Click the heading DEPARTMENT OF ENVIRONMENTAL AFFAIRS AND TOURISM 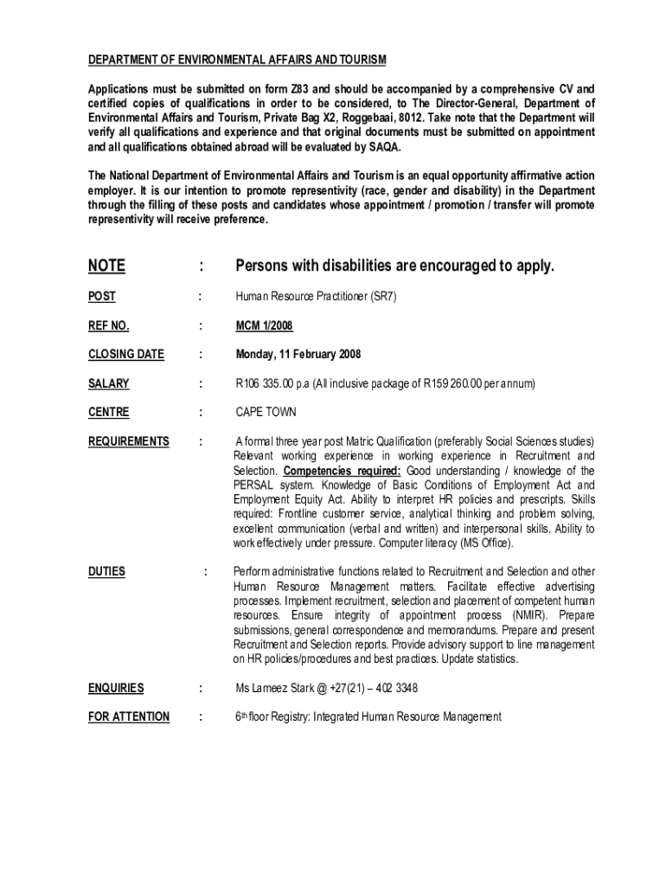(x=237, y=60)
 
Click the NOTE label (x=106, y=266)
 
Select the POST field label (x=101, y=297)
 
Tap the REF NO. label (x=108, y=325)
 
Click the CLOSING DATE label (x=126, y=354)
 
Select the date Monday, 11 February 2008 (x=298, y=354)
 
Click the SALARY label (x=108, y=383)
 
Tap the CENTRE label (x=108, y=413)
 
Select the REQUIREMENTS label (x=129, y=441)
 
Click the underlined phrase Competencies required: (x=342, y=471)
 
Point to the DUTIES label (x=106, y=571)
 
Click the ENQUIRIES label (x=116, y=688)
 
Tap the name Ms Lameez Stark (x=278, y=688)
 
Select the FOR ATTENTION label (x=129, y=716)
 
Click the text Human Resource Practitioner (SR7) (x=316, y=297)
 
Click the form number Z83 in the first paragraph (x=322, y=89)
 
